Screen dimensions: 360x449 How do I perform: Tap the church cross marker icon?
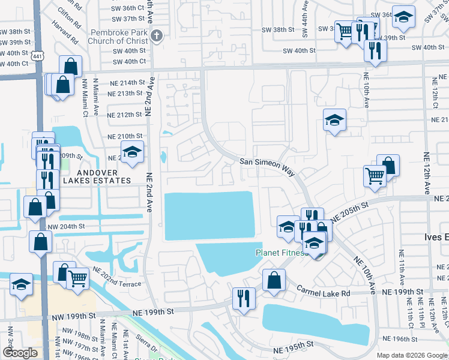click(x=157, y=35)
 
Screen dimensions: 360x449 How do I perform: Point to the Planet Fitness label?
click(x=281, y=253)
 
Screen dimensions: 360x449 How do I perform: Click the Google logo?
click(x=20, y=352)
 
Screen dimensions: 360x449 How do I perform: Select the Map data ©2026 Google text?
click(x=411, y=355)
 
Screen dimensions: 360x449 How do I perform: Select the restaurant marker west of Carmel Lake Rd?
click(x=244, y=298)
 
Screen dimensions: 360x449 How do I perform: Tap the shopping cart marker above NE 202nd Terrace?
click(x=78, y=277)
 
